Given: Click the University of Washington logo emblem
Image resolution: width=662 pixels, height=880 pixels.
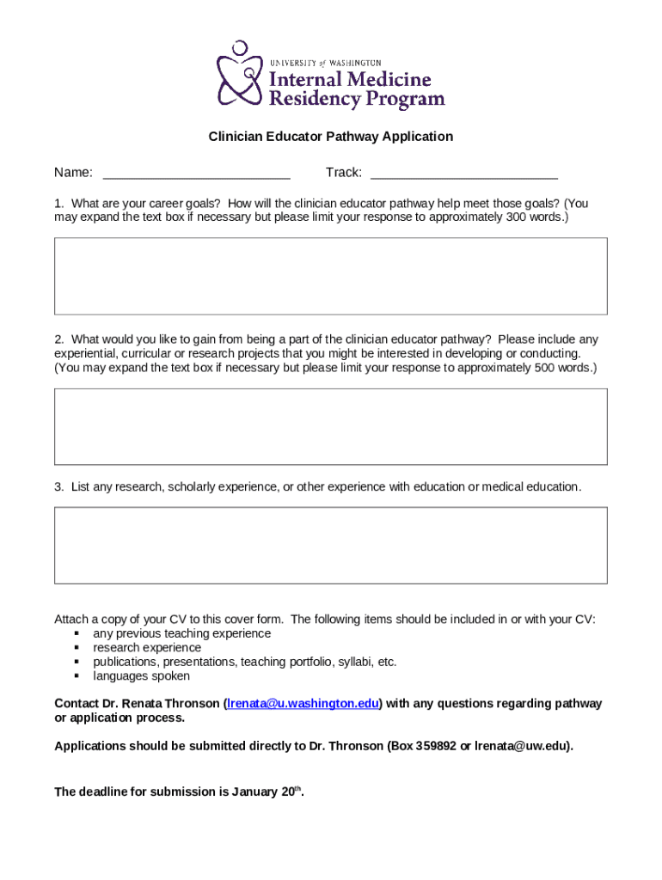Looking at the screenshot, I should coord(240,75).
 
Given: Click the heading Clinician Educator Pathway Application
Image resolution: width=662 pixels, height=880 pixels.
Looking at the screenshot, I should coord(331,137).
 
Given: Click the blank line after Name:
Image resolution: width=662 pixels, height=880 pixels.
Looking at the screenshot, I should coord(196,173).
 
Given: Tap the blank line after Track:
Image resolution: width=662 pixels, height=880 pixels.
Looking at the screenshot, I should coord(463,173).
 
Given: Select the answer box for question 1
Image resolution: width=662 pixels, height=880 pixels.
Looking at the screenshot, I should coord(331,276).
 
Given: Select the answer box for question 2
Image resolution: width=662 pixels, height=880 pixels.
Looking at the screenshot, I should coord(331,426).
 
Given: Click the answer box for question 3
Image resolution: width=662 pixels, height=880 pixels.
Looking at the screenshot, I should coord(331,545).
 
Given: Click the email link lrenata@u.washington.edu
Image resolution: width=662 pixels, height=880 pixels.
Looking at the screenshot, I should coord(303,704).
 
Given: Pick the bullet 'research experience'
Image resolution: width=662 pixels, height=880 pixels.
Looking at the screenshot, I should coord(147,648).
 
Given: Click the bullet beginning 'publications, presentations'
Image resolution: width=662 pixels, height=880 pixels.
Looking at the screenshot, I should coord(245,662).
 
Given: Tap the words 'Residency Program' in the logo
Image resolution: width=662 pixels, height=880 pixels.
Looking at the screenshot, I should coord(358,100).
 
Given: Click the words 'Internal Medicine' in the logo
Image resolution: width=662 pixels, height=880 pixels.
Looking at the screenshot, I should coord(351,80).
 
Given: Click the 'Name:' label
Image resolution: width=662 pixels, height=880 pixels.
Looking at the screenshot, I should coord(74,173).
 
